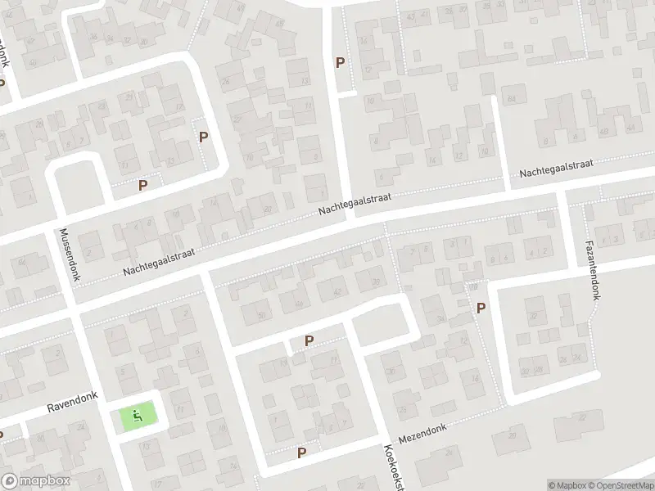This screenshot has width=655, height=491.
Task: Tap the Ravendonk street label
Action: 71,404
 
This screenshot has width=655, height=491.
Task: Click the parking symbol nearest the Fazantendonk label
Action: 481,308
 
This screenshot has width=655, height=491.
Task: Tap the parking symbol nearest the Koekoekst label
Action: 301,453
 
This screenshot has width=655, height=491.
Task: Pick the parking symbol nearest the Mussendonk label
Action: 143,186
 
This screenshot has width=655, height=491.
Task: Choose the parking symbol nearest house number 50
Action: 309,341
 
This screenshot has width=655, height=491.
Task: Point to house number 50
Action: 261,315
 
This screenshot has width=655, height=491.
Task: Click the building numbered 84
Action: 513,99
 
